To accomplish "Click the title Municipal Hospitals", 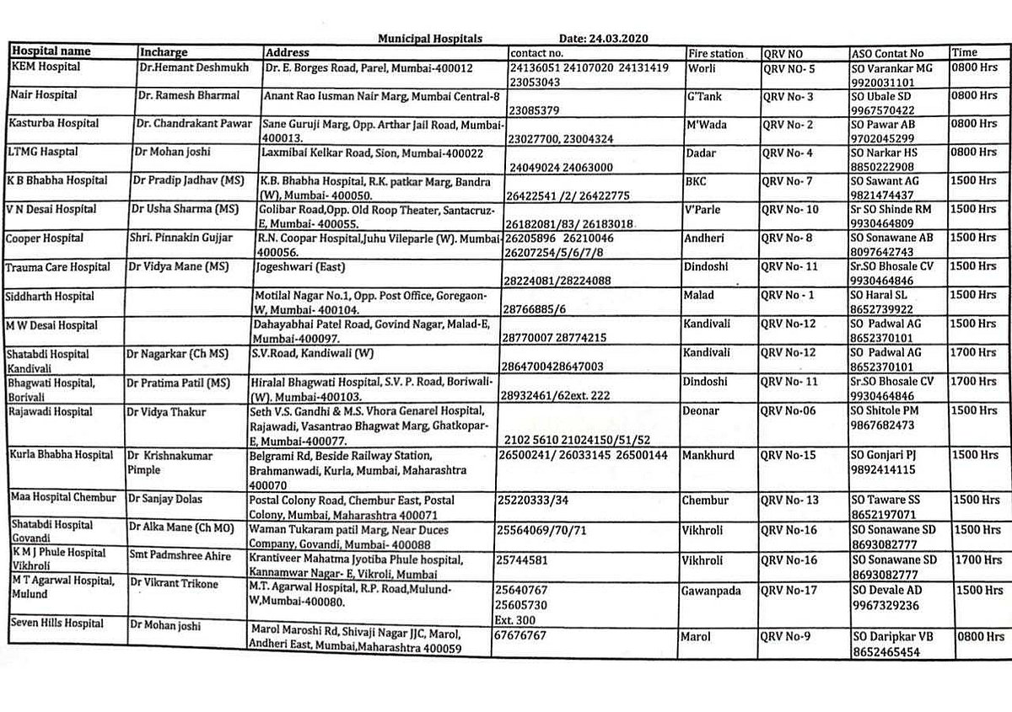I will tap(430, 38).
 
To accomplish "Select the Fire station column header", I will tap(716, 54).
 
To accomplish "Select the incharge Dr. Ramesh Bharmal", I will tap(188, 95).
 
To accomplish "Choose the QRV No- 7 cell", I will tap(789, 181).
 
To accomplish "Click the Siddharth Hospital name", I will tap(51, 297).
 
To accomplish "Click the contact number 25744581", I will tap(524, 558).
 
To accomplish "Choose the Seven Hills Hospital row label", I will tap(57, 624).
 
